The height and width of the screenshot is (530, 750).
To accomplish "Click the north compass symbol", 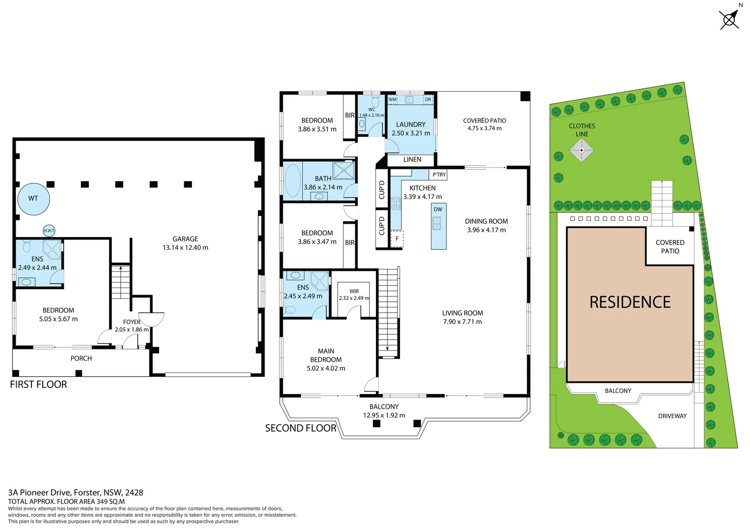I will point(729,20).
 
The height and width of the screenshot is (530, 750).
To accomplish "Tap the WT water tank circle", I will point(33,198).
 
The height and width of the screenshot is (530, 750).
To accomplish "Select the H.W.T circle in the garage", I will point(49,231).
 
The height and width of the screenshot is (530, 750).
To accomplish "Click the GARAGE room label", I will point(185,239).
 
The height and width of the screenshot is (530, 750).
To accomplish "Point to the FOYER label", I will point(132,322).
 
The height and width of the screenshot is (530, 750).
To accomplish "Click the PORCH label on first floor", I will point(81,358).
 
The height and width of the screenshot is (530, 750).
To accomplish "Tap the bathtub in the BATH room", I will point(293,181).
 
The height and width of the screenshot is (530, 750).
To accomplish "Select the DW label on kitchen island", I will point(438,210).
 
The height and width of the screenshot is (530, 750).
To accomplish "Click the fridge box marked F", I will point(397,239).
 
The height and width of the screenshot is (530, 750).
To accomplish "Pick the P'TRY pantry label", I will point(439,175).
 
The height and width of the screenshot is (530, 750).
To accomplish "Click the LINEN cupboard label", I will point(412,159).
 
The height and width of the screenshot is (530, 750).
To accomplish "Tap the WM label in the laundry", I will point(393,100).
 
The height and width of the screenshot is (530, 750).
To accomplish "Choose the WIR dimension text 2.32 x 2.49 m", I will point(354,298).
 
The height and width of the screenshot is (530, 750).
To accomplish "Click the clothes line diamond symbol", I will point(582,150).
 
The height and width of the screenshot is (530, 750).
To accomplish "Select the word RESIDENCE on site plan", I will point(630,302).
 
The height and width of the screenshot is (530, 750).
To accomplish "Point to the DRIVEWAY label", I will point(672,416).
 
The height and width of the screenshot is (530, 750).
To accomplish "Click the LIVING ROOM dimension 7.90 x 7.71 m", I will point(462,322).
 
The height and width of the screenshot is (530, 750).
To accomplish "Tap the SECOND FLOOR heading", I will point(300,428).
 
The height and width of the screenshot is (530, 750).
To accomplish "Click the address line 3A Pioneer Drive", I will point(76,492).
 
